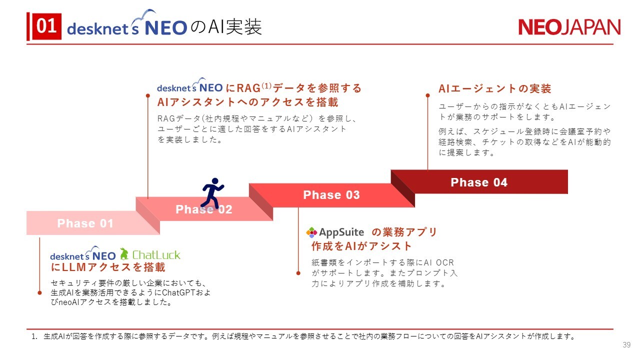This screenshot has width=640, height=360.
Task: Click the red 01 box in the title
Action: point(46,26)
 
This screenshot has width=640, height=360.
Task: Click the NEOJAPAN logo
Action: point(569,27)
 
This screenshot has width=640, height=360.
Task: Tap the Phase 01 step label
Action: point(85,223)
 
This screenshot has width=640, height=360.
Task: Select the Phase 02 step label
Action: point(203,209)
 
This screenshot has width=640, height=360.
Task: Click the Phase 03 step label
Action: point(331,195)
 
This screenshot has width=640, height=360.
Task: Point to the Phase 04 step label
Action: point(479,182)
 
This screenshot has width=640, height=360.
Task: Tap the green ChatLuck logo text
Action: point(156,255)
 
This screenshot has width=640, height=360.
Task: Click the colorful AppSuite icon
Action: point(311,232)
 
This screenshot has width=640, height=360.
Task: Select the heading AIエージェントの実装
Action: point(495,88)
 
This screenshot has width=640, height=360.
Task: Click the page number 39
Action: point(626,345)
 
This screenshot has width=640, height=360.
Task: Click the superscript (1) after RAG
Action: point(266,85)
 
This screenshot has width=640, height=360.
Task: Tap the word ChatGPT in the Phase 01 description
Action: point(178,292)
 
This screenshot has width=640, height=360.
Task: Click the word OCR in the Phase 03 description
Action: point(445,262)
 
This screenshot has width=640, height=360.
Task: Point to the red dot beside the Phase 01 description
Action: point(39,293)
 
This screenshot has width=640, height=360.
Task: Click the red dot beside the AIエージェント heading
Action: point(427,95)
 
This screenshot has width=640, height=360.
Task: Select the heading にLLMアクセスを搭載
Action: point(108,267)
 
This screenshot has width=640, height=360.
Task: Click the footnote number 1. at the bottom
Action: point(34,336)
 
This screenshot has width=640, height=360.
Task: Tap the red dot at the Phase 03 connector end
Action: point(298,273)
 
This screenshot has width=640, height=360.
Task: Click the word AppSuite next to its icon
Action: point(341,232)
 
